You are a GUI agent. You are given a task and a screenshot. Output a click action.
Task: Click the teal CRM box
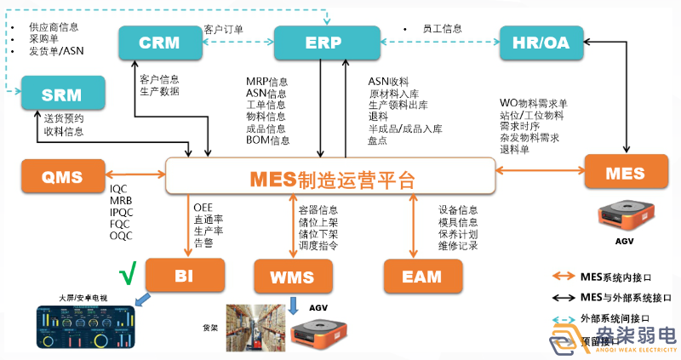click(x=159, y=43)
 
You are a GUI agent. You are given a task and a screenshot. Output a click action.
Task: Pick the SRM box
click(x=63, y=93)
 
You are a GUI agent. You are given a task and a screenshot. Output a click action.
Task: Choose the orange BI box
click(x=186, y=276)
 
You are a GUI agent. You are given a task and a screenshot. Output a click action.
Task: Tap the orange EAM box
click(x=423, y=277)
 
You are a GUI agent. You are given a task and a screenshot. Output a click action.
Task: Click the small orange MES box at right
click(x=626, y=173)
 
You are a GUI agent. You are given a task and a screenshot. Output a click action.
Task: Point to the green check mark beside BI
click(x=128, y=275)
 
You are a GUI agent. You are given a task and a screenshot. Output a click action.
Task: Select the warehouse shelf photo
click(x=254, y=328)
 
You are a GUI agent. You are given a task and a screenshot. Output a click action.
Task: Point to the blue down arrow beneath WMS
click(x=292, y=305)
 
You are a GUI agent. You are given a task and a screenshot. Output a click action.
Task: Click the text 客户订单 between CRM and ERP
click(x=224, y=30)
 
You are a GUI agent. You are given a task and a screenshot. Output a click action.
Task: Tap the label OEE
click(x=203, y=207)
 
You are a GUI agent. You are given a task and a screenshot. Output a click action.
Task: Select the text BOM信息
click(x=267, y=140)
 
